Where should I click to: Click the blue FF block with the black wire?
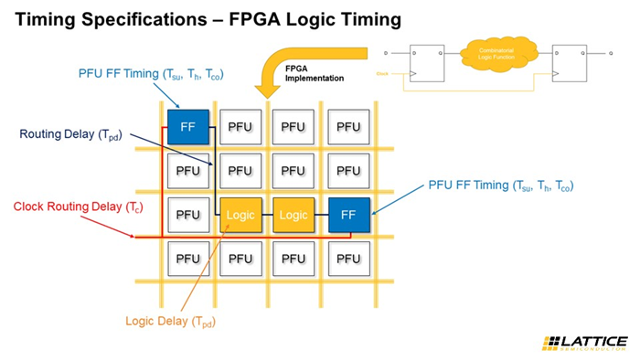(x=187, y=127)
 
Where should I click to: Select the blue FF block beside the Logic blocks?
(x=348, y=215)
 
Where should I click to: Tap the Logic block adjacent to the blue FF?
(x=293, y=215)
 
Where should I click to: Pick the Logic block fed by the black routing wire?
(x=240, y=215)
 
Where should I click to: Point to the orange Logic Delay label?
(x=171, y=321)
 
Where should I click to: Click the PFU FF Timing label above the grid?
(x=151, y=74)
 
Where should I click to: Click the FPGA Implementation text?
(x=309, y=72)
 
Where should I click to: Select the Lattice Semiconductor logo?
(x=584, y=344)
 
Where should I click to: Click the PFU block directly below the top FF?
(x=187, y=171)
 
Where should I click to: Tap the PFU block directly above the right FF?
(x=348, y=171)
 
